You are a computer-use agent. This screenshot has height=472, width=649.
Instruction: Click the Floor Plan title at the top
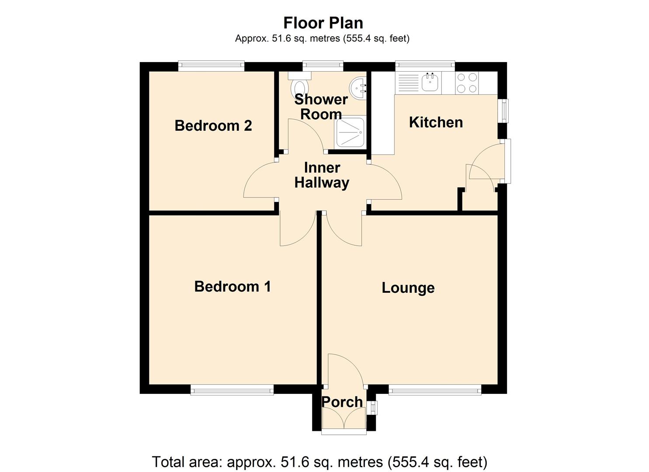click(x=323, y=23)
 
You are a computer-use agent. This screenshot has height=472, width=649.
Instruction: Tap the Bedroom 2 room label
click(x=213, y=126)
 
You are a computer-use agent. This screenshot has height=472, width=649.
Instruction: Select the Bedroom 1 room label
click(x=233, y=287)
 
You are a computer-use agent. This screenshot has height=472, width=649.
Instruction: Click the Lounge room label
click(x=408, y=288)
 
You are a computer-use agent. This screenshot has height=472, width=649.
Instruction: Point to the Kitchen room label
click(x=436, y=122)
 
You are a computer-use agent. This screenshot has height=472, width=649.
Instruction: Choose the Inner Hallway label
click(x=322, y=175)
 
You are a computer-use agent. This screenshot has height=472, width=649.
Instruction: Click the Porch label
click(x=342, y=402)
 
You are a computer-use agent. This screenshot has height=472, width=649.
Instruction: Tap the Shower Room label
click(x=321, y=107)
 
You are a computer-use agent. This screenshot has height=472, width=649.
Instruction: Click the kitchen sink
click(x=430, y=82)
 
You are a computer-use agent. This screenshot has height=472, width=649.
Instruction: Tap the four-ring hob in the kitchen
click(x=466, y=83)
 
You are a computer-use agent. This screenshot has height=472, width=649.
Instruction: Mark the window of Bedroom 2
click(x=211, y=66)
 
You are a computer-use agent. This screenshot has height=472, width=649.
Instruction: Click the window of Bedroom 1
click(x=232, y=390)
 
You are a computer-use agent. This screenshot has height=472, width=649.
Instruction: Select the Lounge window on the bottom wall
click(x=435, y=390)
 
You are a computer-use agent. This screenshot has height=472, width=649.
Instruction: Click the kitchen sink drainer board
click(x=408, y=83)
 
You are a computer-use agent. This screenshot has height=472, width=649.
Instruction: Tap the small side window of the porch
click(x=373, y=408)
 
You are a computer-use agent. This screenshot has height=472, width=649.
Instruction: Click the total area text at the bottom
click(x=319, y=462)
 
